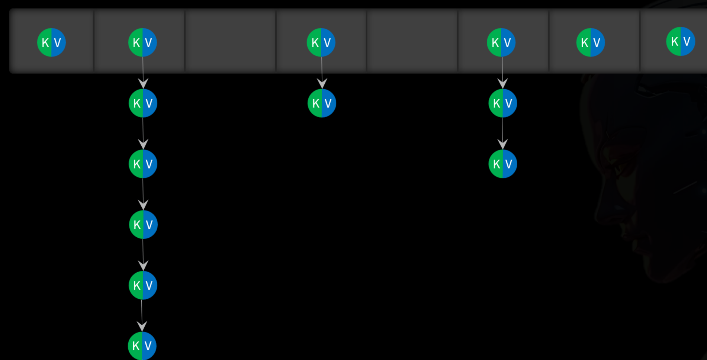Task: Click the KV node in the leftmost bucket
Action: [51, 42]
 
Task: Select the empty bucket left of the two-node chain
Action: [230, 41]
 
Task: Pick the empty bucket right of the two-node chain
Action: [412, 41]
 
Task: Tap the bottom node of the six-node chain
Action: [142, 346]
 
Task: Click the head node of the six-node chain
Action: [142, 42]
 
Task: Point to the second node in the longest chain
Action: [143, 103]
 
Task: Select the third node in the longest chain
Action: [143, 164]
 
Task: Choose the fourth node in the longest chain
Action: [143, 224]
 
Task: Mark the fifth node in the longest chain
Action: [143, 285]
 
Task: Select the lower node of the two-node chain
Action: [322, 103]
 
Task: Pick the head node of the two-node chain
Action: [321, 42]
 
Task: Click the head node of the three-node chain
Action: [501, 42]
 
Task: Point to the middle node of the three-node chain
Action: [502, 103]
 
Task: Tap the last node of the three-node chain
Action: [502, 164]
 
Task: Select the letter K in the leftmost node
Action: [45, 43]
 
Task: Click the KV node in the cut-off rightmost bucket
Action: [681, 41]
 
